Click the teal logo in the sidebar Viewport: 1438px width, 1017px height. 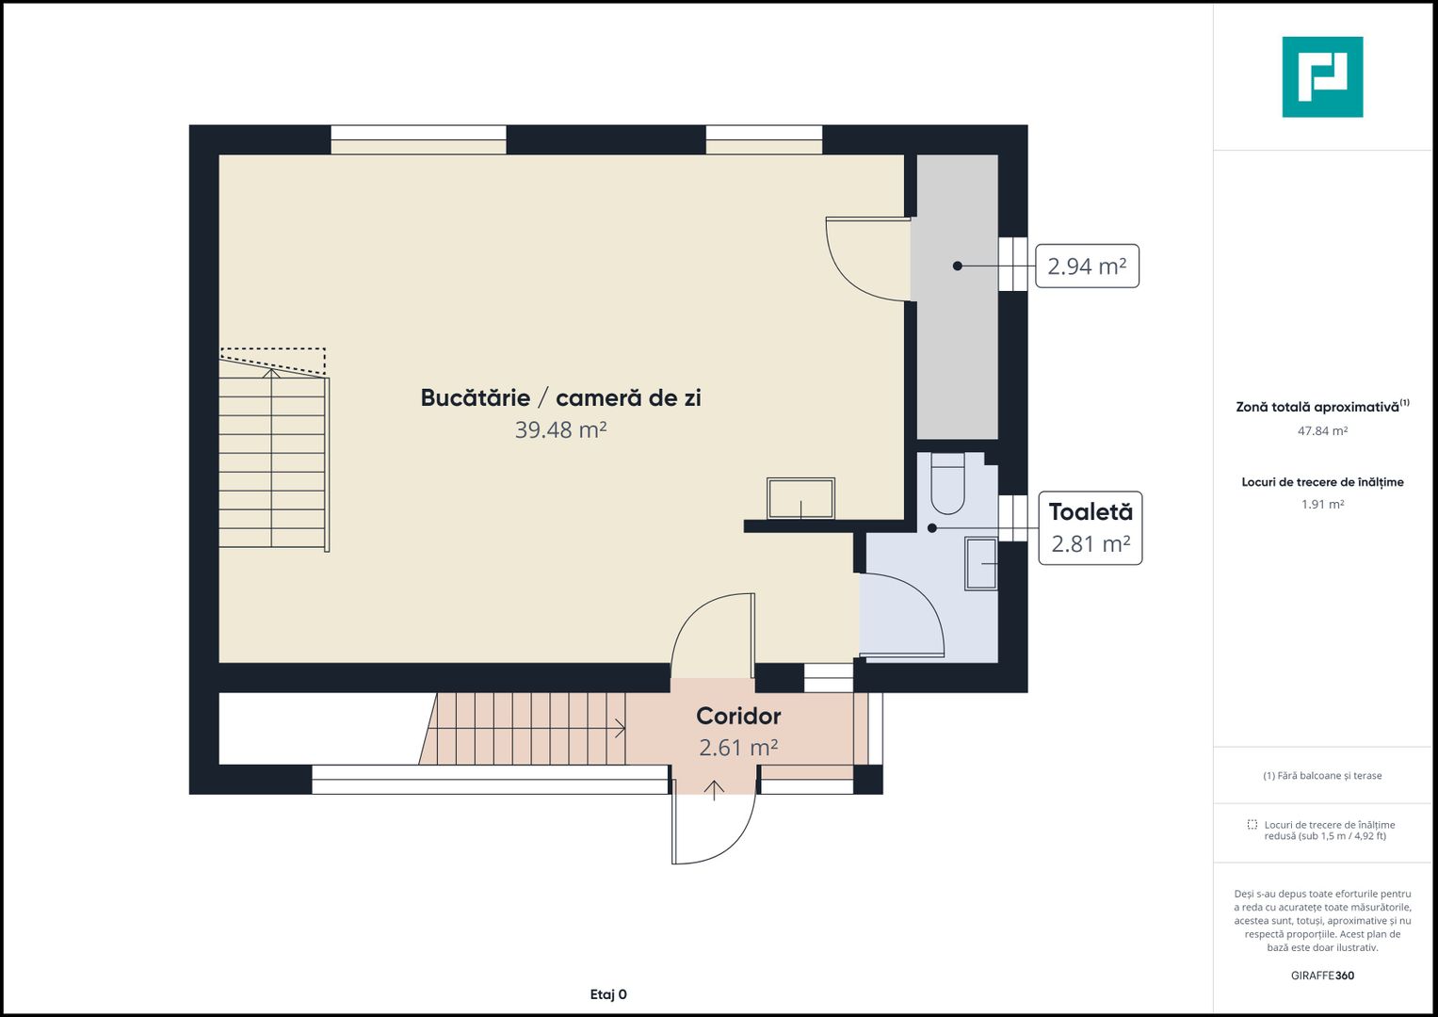coord(1322,77)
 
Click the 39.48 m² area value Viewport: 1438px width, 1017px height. coord(560,429)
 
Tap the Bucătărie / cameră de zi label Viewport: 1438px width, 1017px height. coord(560,398)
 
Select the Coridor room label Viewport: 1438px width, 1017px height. coord(738,716)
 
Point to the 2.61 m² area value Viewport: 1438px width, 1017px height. coord(738,748)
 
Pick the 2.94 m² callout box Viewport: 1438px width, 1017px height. coord(1087,266)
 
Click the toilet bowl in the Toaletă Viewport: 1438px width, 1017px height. coord(947,483)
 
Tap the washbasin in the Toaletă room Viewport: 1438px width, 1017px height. coord(981,564)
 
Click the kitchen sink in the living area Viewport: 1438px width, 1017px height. coord(800,498)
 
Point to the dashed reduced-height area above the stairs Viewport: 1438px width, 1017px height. coord(273,361)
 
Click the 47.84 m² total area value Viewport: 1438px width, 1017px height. coord(1322,431)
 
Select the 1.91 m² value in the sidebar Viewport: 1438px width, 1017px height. coord(1322,504)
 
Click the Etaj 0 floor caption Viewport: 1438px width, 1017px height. coord(608,994)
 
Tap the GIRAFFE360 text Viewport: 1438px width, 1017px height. coord(1322,976)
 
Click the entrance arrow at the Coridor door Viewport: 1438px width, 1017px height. coord(714,790)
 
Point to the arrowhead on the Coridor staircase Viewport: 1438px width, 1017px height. coord(621,729)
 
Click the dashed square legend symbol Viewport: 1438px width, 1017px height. coord(1252,824)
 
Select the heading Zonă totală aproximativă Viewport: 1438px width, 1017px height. coord(1317,407)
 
